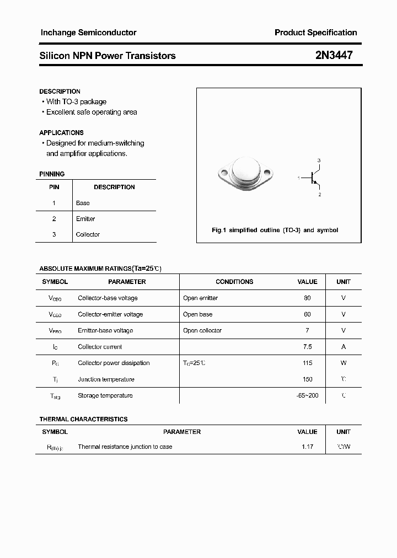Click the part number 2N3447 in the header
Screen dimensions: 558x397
(334, 55)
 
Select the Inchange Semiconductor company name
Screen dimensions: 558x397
(88, 33)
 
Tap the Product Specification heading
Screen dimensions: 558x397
(315, 33)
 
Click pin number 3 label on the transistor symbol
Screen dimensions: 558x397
(319, 160)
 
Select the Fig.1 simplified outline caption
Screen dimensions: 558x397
(275, 230)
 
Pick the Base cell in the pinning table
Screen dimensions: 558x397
(83, 203)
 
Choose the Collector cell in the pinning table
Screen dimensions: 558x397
(88, 234)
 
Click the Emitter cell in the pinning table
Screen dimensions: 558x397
(85, 219)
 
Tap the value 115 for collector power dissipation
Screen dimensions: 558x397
(307, 363)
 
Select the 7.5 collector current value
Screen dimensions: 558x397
(307, 347)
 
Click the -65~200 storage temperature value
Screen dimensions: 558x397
(307, 395)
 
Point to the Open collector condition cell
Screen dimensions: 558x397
(202, 330)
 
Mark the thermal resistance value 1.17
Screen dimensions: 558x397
(307, 447)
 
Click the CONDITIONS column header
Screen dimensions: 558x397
(234, 282)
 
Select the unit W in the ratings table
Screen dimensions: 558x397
(344, 363)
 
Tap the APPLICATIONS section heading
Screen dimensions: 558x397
(61, 133)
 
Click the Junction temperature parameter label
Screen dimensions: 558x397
(106, 379)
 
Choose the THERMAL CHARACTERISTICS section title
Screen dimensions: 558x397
(83, 419)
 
